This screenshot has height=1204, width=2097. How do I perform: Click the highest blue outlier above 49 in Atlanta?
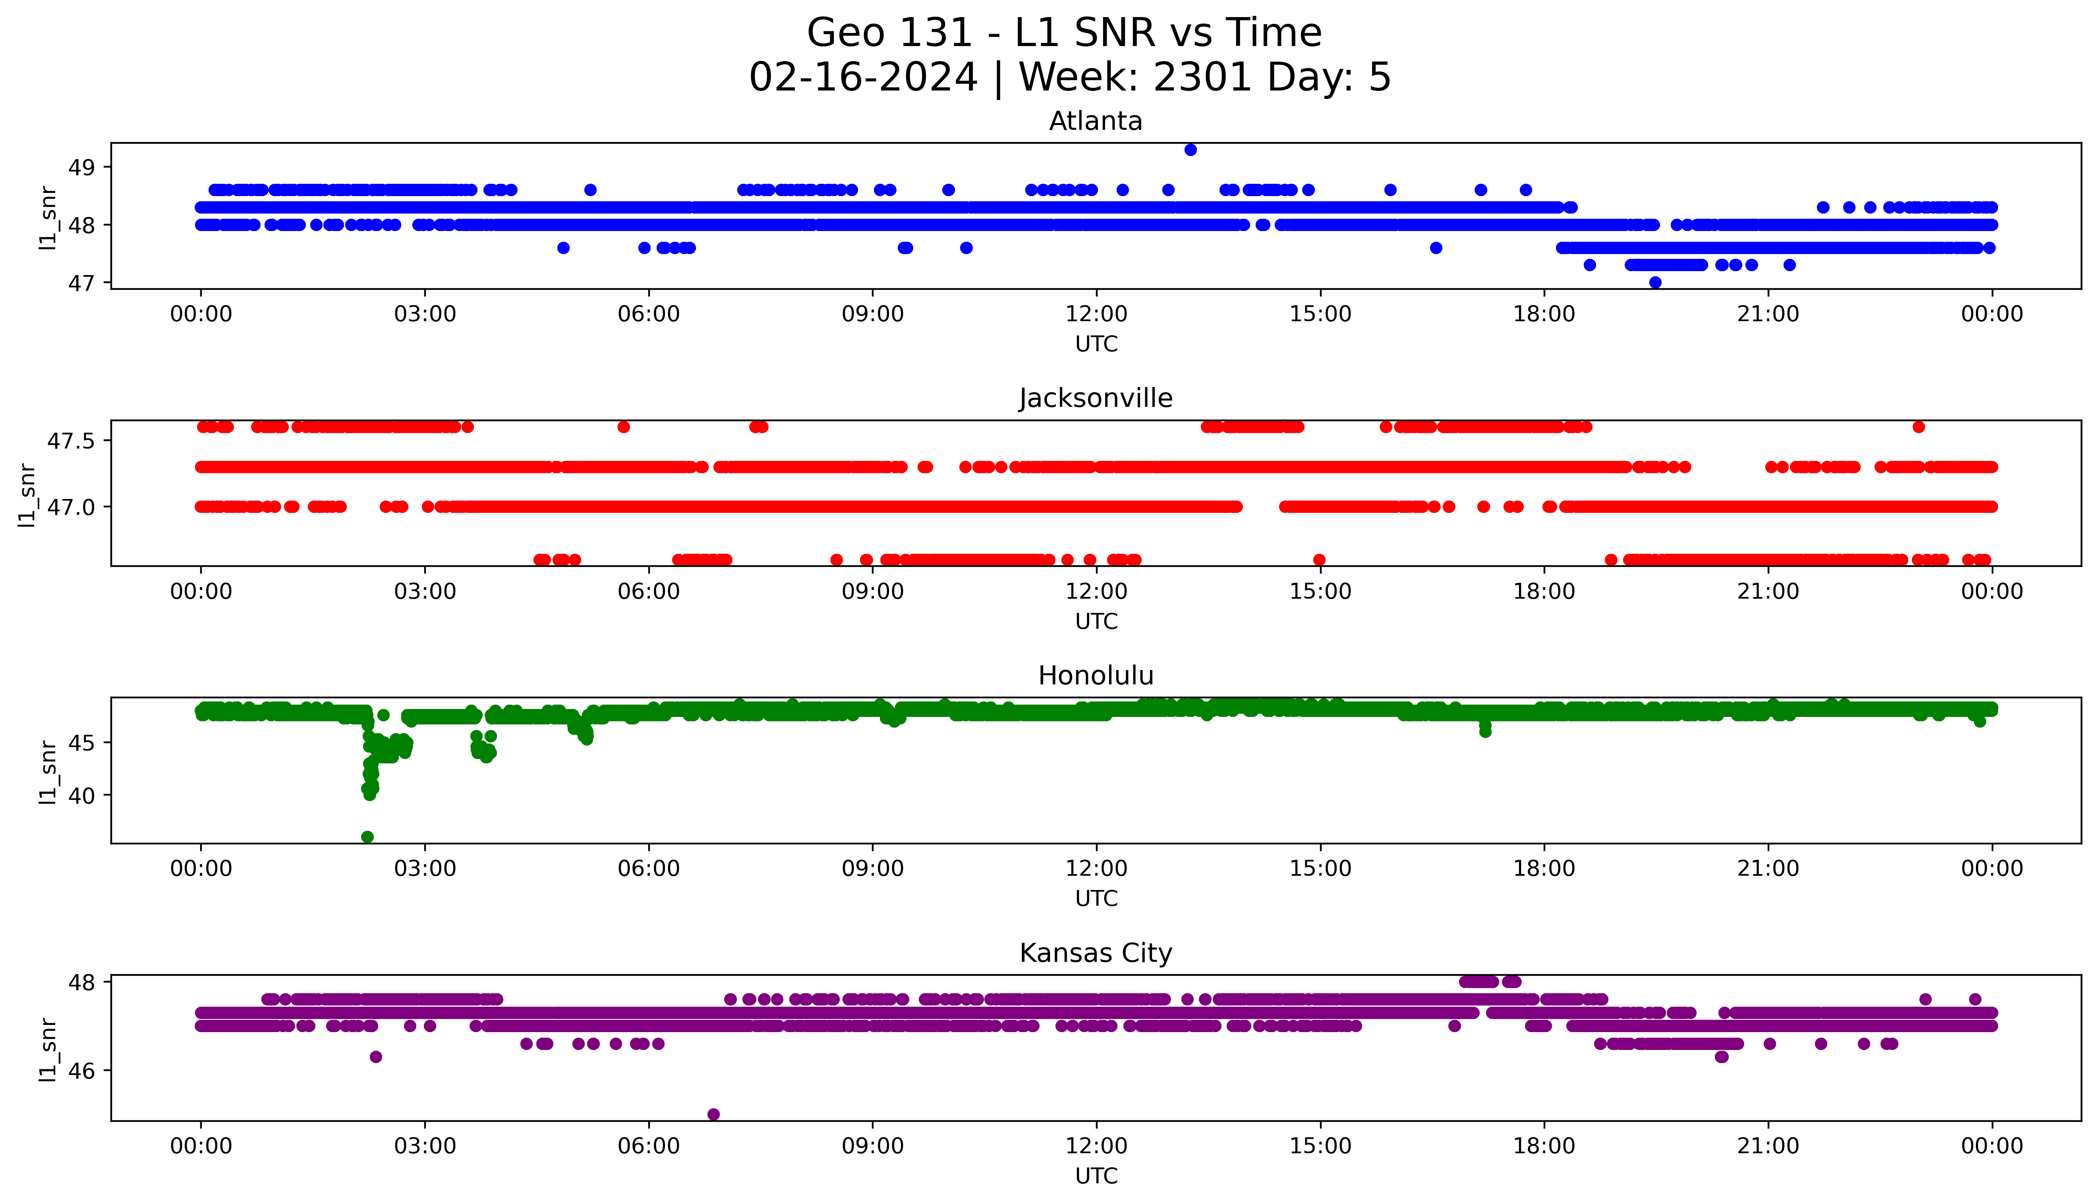pyautogui.click(x=1191, y=150)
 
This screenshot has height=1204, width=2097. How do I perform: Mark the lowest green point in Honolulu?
pyautogui.click(x=367, y=837)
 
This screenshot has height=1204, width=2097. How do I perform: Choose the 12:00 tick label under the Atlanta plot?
pyautogui.click(x=1096, y=314)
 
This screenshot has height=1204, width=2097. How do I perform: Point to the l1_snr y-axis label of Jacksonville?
pyautogui.click(x=27, y=495)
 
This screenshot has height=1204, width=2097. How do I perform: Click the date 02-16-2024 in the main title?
pyautogui.click(x=863, y=78)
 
